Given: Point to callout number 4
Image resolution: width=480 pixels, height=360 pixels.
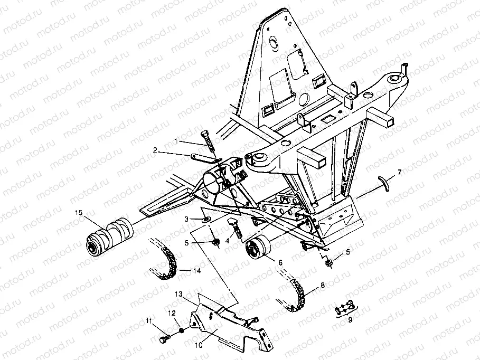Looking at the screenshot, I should (x=227, y=241).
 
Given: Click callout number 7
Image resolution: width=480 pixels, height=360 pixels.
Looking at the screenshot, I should (x=400, y=172).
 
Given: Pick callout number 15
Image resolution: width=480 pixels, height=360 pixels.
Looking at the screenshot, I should (x=79, y=213).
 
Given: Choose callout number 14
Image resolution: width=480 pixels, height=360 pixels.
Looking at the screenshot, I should (x=197, y=271).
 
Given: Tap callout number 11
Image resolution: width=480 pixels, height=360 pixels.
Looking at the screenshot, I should (x=149, y=321).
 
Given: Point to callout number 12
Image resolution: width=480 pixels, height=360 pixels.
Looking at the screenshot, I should (x=172, y=314).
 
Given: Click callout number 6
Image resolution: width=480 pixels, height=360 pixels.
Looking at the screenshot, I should (x=280, y=262).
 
